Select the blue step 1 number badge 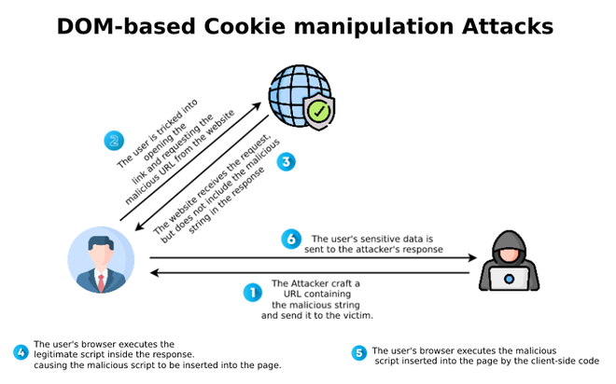[251, 293]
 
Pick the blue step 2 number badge [114, 142]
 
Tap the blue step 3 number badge [287, 161]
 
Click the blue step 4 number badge [20, 352]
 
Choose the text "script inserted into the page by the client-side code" [488, 360]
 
